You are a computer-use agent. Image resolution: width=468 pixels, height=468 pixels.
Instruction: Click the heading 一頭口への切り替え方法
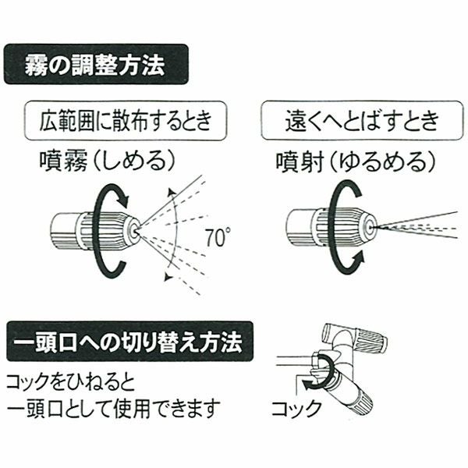click(x=129, y=342)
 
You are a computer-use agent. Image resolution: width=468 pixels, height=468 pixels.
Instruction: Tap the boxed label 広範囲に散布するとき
click(x=127, y=122)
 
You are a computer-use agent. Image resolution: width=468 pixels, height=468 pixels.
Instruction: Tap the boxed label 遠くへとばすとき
click(x=360, y=122)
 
